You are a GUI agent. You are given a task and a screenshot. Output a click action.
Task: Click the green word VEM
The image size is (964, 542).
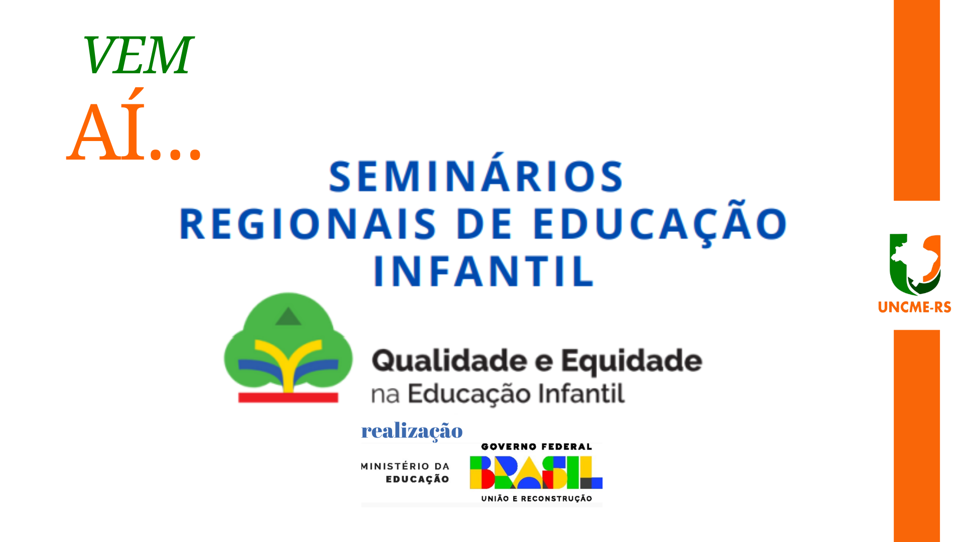138,55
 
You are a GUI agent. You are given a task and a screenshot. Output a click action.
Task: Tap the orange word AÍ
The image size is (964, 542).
106,125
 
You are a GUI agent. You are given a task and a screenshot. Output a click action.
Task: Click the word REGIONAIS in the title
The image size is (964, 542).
308,224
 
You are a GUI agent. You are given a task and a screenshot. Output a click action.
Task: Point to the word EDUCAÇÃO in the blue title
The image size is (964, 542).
660,223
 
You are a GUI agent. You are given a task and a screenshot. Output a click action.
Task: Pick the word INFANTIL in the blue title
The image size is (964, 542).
484,271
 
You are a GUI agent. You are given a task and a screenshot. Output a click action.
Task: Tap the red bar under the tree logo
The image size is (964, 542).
288,397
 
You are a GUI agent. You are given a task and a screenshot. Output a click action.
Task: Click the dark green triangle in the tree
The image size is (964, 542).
288,316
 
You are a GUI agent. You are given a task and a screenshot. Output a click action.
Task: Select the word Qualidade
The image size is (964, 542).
449,361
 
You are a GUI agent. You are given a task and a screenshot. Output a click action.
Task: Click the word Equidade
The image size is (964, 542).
632,361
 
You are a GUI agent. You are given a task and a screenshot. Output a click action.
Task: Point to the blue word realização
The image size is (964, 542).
412,431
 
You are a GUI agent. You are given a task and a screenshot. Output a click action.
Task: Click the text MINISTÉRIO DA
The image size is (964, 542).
405,466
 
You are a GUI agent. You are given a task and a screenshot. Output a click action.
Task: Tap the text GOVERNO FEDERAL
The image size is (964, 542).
537,447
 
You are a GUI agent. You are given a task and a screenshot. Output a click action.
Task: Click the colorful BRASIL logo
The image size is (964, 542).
536,472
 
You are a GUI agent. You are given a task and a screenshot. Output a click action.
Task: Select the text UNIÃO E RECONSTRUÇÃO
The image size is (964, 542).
537,498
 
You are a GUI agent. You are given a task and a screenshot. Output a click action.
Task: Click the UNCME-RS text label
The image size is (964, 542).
914,307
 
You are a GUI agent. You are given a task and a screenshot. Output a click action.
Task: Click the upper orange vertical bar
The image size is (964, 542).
917,100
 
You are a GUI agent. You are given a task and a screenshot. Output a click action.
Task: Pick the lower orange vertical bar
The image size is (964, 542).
917,436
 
